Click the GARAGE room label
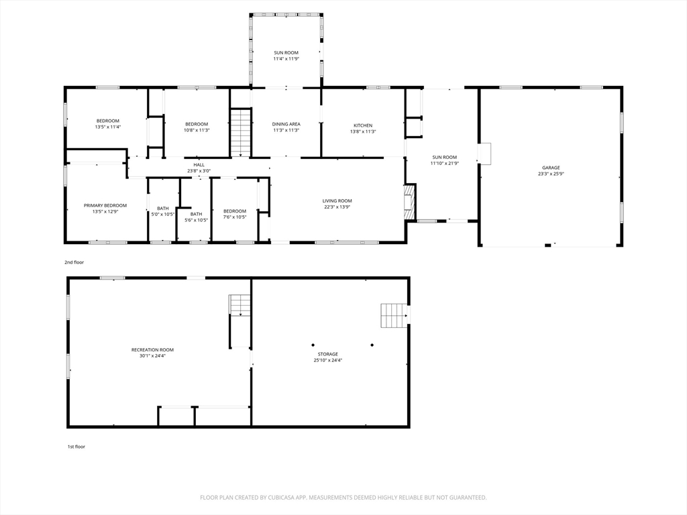[551, 168]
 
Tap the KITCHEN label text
[363, 125]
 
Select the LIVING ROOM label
[337, 201]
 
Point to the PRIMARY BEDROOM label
[105, 205]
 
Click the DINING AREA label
[286, 124]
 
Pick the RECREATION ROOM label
[152, 350]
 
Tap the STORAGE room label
[327, 354]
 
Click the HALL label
[199, 165]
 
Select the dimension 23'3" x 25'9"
[551, 174]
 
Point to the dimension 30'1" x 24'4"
[152, 356]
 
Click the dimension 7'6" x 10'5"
[234, 217]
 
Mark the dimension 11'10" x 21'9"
[444, 164]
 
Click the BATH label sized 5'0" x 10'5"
[162, 209]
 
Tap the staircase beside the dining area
[241, 132]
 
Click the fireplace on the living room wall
[409, 202]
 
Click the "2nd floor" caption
[74, 262]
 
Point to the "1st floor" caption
[76, 447]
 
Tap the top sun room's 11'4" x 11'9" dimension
[286, 59]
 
